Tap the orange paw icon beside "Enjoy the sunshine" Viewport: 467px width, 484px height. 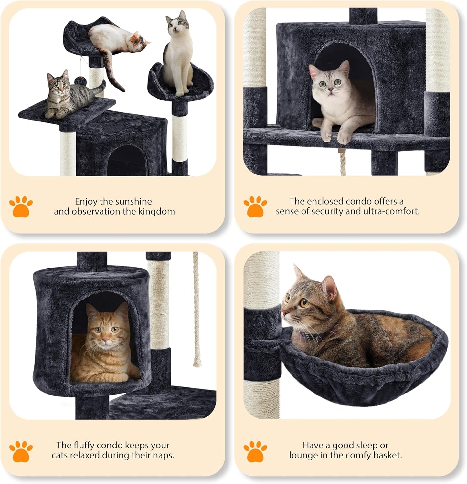[x=21, y=206]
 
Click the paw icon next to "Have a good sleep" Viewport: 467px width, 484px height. [x=255, y=451]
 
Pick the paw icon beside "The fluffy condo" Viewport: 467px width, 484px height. [x=21, y=451]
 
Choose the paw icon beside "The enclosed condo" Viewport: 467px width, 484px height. [x=255, y=206]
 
